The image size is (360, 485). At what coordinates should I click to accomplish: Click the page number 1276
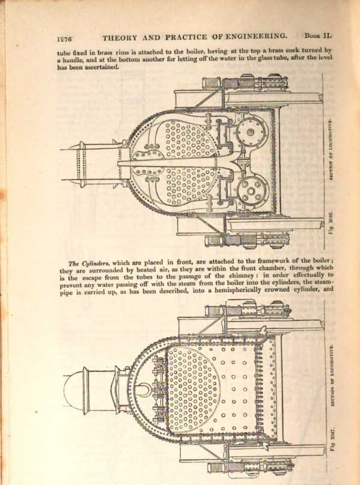pos(64,39)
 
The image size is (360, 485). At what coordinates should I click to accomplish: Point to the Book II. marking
pos(319,35)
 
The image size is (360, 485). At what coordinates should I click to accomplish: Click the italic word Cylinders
pos(94,264)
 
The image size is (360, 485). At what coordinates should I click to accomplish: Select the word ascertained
pos(102,67)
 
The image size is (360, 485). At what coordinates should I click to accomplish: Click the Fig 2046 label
pos(331,222)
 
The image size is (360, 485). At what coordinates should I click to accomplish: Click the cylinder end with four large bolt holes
pos(253,190)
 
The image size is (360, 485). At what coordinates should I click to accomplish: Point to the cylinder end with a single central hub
pos(251,132)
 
